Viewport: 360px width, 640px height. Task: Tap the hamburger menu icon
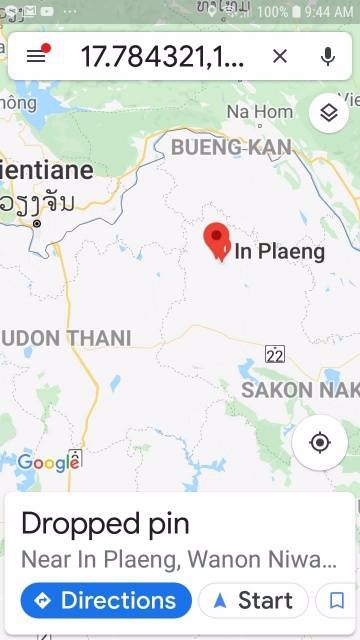pyautogui.click(x=37, y=56)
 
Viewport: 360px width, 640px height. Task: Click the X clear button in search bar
pyautogui.click(x=280, y=56)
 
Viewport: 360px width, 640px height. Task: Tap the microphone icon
pyautogui.click(x=327, y=56)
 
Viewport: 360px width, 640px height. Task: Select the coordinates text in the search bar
pyautogui.click(x=162, y=56)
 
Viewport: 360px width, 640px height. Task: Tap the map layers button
pyautogui.click(x=328, y=113)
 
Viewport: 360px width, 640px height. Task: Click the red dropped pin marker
pyautogui.click(x=216, y=241)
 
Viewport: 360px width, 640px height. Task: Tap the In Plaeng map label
pyautogui.click(x=279, y=252)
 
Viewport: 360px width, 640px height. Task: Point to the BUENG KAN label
pyautogui.click(x=231, y=148)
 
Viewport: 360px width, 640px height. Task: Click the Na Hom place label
pyautogui.click(x=260, y=112)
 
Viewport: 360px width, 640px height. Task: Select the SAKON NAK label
pyautogui.click(x=300, y=389)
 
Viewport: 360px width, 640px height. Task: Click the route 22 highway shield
pyautogui.click(x=275, y=354)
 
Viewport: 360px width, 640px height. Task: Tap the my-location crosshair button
pyautogui.click(x=320, y=442)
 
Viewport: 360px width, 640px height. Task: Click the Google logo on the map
pyautogui.click(x=48, y=462)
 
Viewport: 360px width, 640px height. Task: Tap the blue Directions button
pyautogui.click(x=106, y=600)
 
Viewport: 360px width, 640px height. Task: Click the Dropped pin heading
pyautogui.click(x=105, y=524)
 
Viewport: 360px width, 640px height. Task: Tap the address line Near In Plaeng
pyautogui.click(x=179, y=559)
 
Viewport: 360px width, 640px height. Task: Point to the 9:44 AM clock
pyautogui.click(x=329, y=13)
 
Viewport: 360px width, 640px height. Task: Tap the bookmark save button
pyautogui.click(x=337, y=600)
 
